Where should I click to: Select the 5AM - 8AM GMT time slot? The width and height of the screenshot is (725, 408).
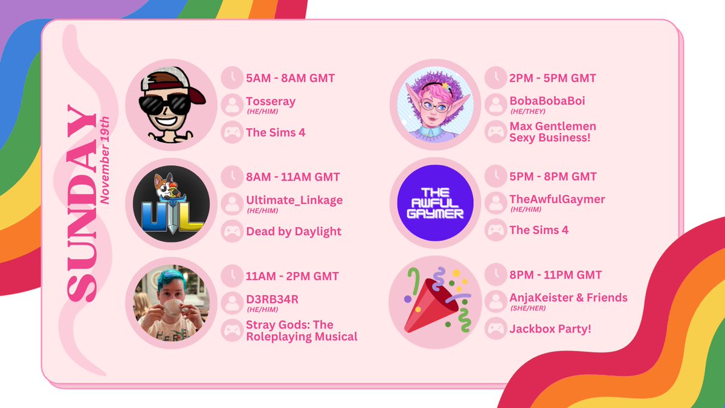point(290,78)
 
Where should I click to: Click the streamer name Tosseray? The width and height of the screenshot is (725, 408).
point(271,102)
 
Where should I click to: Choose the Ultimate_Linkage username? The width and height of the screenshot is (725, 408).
point(294,200)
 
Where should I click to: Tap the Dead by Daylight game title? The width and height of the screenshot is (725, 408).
point(294,231)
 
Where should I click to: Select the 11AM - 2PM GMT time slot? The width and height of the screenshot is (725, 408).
point(292,275)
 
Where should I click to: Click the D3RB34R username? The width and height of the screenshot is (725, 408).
point(272,299)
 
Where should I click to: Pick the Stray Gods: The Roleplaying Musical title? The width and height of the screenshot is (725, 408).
point(301,331)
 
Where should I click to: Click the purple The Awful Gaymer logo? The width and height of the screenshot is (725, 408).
point(435,203)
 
